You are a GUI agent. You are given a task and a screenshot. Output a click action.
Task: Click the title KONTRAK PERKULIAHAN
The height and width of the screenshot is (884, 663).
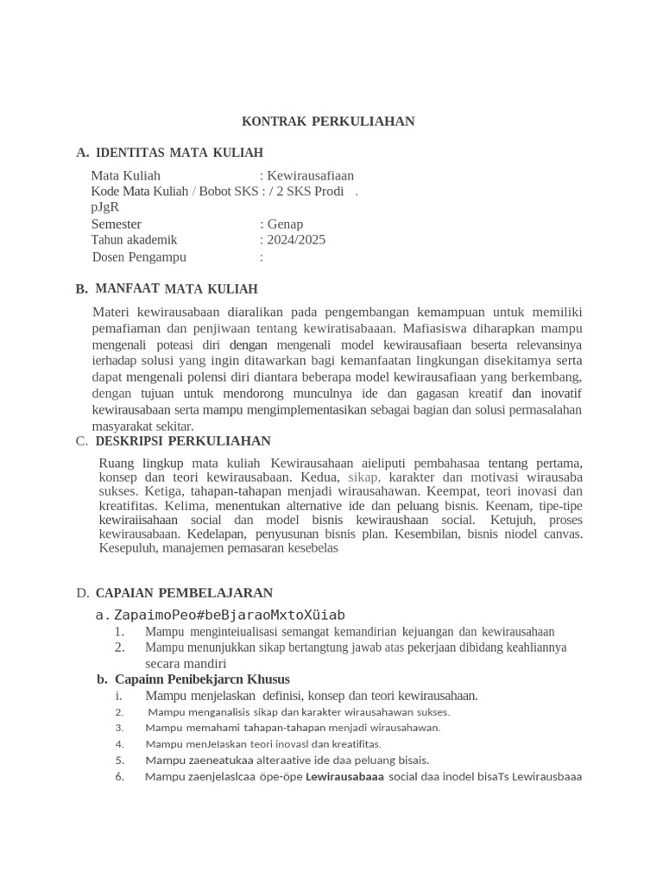328,122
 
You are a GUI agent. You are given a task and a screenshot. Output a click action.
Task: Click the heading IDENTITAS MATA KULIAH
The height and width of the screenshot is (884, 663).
179,153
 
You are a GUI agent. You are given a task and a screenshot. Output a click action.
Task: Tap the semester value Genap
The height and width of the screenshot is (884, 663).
285,224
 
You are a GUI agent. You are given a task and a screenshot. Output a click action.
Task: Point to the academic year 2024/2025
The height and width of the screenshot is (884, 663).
296,240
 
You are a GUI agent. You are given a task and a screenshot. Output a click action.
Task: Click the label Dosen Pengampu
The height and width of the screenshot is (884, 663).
139,256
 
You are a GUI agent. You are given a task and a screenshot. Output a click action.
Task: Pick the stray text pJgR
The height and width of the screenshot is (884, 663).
104,207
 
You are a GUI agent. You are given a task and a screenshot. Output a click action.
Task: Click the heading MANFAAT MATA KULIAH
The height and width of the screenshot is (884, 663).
176,289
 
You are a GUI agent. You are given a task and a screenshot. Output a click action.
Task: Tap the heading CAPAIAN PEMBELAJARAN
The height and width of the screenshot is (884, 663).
184,593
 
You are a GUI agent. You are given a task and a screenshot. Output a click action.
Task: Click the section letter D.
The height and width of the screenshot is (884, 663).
82,593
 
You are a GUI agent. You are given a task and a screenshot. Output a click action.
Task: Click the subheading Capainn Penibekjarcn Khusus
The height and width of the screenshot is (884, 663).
202,679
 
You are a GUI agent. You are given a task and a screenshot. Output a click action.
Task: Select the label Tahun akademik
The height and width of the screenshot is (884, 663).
134,240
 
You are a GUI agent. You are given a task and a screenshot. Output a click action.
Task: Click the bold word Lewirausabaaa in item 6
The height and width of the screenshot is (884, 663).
344,776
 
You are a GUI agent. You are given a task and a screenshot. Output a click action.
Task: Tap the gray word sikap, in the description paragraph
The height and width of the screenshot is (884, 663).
364,477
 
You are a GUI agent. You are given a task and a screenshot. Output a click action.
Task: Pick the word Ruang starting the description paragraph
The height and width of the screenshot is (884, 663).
117,463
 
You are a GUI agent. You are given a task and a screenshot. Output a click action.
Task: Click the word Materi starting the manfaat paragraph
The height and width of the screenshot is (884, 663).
110,312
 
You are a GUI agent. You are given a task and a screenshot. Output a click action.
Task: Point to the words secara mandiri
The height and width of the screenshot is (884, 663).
185,663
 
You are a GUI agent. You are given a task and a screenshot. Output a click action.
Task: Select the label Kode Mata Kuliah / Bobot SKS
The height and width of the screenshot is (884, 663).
174,192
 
